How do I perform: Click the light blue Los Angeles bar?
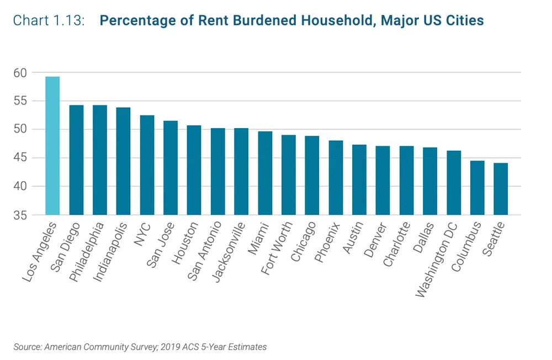(52, 146)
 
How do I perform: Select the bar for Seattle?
(501, 189)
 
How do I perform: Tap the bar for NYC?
(147, 165)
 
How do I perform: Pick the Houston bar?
(194, 170)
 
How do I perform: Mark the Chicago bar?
(312, 175)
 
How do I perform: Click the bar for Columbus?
(477, 188)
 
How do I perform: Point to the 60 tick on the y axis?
(20, 73)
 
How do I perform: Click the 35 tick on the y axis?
(20, 215)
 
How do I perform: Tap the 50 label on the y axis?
(20, 130)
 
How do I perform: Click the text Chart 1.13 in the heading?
(49, 21)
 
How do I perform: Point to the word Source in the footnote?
(26, 347)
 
